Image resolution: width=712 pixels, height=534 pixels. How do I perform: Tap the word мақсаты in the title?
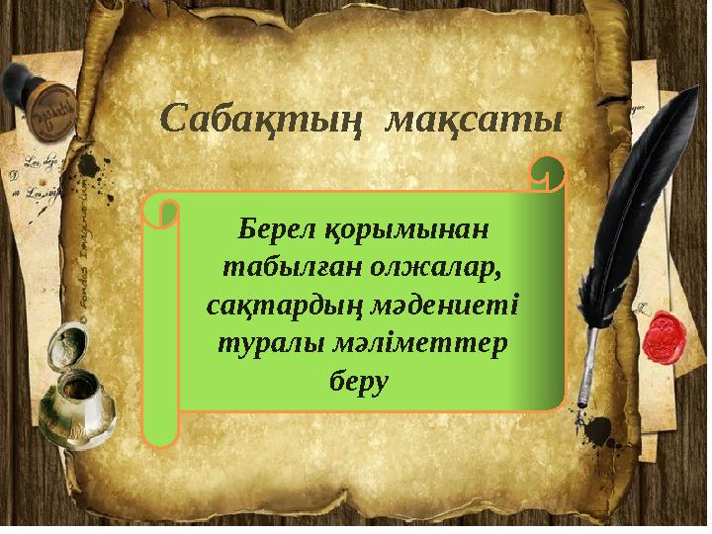pos(474,121)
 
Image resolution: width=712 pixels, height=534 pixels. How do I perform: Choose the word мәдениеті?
pos(441,305)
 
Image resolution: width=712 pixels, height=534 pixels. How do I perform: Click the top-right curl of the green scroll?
pos(547,173)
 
